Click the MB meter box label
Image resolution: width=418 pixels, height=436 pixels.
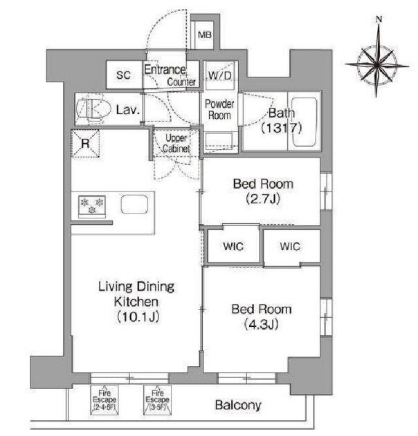(205, 35)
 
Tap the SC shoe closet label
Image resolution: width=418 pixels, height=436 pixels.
(123, 75)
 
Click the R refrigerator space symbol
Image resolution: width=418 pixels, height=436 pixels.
(85, 144)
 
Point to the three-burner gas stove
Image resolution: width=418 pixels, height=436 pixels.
(92, 207)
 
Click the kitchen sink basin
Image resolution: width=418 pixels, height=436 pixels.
(134, 205)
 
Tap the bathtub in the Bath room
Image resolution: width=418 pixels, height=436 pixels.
(305, 122)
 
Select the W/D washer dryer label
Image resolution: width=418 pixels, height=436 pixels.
(219, 75)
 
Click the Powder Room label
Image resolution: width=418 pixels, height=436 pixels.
(219, 110)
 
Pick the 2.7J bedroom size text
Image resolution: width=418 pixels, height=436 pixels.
(263, 199)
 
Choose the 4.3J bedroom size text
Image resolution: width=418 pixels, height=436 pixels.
(261, 324)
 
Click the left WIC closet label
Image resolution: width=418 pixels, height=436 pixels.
(233, 247)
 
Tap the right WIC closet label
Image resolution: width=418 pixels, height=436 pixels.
(290, 247)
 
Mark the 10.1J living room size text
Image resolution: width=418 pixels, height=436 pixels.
(138, 317)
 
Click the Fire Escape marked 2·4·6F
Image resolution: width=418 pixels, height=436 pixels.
(104, 400)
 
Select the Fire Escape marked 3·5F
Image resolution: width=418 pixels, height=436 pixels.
(157, 400)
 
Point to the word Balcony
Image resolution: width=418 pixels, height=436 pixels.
(238, 406)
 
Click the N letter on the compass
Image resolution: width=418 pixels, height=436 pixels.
(379, 19)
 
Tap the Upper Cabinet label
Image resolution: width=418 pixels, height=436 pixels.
(176, 143)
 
